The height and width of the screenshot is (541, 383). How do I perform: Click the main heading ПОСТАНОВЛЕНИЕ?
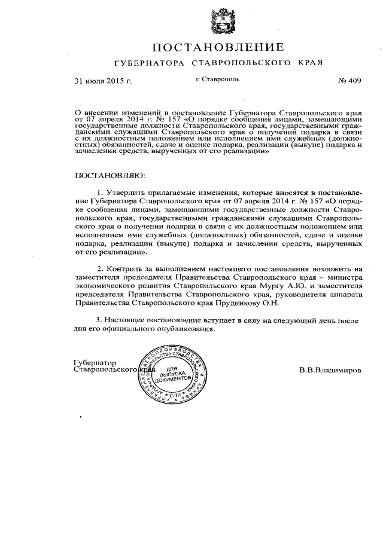pos(217,47)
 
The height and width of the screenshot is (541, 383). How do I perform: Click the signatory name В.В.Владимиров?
pos(330,370)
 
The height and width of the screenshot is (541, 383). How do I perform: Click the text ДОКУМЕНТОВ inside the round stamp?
pos(175,380)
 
